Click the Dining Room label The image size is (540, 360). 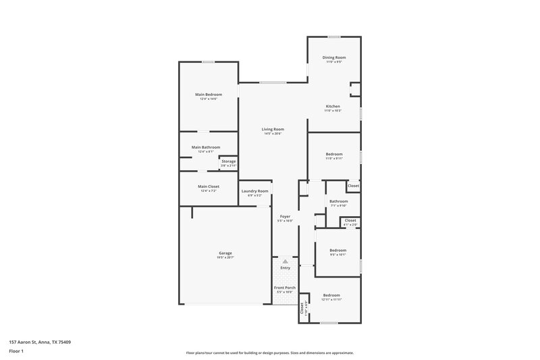click(333, 58)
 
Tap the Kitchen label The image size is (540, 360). click(333, 107)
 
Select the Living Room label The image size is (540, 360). click(273, 129)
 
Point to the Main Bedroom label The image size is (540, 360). click(209, 95)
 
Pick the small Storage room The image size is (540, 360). click(229, 162)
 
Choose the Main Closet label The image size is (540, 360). click(209, 186)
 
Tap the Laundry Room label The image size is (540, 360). click(255, 191)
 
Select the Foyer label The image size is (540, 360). click(285, 217)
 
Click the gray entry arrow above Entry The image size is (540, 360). click(285, 261)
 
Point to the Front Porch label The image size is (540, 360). click(285, 288)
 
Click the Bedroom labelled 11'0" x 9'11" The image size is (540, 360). click(334, 154)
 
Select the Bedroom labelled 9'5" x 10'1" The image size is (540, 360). click(337, 251)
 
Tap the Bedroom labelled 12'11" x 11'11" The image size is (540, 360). click(331, 295)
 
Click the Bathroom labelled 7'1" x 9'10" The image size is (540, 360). click(338, 201)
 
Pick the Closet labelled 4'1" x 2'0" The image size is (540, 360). click(350, 220)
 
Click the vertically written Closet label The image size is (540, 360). click(302, 307)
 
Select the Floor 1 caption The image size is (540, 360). click(16, 352)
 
